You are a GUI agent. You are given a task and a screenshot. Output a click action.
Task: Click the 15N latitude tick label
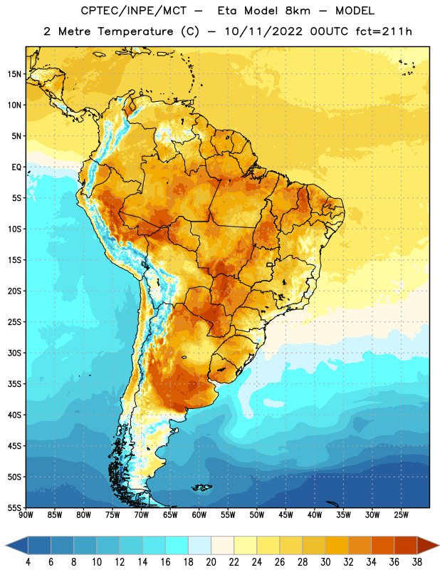pyautogui.click(x=14, y=74)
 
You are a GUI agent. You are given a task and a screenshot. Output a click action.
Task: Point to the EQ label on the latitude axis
pyautogui.click(x=16, y=167)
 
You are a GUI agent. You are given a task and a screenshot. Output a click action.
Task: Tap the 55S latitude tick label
pyautogui.click(x=14, y=507)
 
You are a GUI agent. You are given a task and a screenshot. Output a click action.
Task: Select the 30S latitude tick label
pyautogui.click(x=14, y=353)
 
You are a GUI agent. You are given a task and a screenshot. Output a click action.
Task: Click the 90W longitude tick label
pyautogui.click(x=26, y=515)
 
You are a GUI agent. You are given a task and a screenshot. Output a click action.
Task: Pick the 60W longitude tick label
pyautogui.click(x=199, y=515)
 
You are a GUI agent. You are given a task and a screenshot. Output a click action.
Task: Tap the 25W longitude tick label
pyautogui.click(x=401, y=515)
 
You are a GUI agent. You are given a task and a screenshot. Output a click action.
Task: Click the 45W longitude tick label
pyautogui.click(x=286, y=515)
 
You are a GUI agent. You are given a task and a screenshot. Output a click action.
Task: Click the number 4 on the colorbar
pyautogui.click(x=28, y=562)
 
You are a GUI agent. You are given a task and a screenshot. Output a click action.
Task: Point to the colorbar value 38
pyautogui.click(x=417, y=562)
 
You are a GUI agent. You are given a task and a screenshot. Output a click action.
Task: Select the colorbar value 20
pyautogui.click(x=211, y=562)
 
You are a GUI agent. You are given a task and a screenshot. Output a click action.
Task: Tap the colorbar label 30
pyautogui.click(x=325, y=562)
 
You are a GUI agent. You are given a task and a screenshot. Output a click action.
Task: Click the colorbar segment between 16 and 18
pyautogui.click(x=177, y=545)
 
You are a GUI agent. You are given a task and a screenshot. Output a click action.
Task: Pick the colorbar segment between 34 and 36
pyautogui.click(x=382, y=545)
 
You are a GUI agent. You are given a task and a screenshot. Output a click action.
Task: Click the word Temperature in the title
pyautogui.click(x=135, y=31)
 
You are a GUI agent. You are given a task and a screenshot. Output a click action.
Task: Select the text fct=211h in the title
pyautogui.click(x=384, y=31)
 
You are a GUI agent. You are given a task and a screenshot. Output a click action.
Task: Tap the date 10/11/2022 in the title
pyautogui.click(x=263, y=31)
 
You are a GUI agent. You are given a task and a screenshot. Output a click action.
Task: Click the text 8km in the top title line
pyautogui.click(x=298, y=11)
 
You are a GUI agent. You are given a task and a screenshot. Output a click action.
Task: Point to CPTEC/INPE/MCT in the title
pyautogui.click(x=134, y=11)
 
